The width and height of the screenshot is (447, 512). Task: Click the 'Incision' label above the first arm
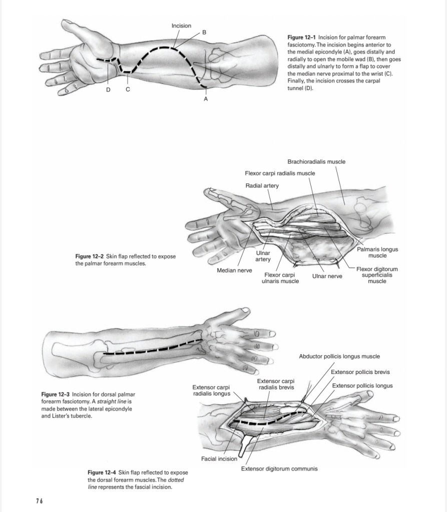181,25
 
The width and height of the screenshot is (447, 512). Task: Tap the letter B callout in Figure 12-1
204,32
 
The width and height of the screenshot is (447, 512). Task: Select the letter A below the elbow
205,99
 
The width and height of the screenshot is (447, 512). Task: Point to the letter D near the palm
108,89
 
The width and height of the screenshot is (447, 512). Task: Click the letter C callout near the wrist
128,89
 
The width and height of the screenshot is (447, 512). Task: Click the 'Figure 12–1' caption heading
302,37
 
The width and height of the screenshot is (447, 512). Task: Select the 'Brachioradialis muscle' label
316,161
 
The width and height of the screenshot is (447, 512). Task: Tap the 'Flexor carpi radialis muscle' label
280,173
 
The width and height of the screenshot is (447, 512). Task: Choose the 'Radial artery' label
262,185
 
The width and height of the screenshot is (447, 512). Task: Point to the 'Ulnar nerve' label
327,275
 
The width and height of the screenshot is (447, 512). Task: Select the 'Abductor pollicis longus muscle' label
339,356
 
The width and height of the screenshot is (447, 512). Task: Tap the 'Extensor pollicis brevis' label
361,372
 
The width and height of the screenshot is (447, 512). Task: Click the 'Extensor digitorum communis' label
279,469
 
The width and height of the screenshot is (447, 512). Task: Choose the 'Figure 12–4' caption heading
102,472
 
